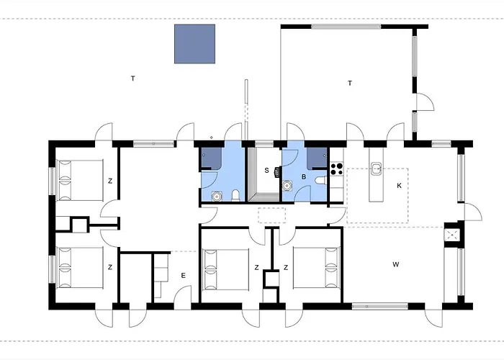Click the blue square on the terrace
(x=195, y=44)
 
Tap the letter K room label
(x=399, y=186)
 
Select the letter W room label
(x=396, y=264)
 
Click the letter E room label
(x=183, y=276)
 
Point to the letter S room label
(x=266, y=171)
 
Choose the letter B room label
(x=304, y=177)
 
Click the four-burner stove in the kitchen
(x=336, y=169)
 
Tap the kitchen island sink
(x=377, y=168)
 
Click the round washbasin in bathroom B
(x=287, y=186)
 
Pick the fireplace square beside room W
(x=452, y=235)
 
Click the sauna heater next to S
(x=276, y=172)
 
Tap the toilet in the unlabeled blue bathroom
(x=236, y=195)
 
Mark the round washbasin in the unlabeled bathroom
(x=217, y=196)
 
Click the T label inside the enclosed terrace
(x=350, y=84)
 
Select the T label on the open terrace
(x=133, y=78)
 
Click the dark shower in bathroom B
(x=317, y=158)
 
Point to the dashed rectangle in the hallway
(x=272, y=215)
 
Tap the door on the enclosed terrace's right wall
(x=425, y=102)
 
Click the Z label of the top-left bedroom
(x=110, y=181)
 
